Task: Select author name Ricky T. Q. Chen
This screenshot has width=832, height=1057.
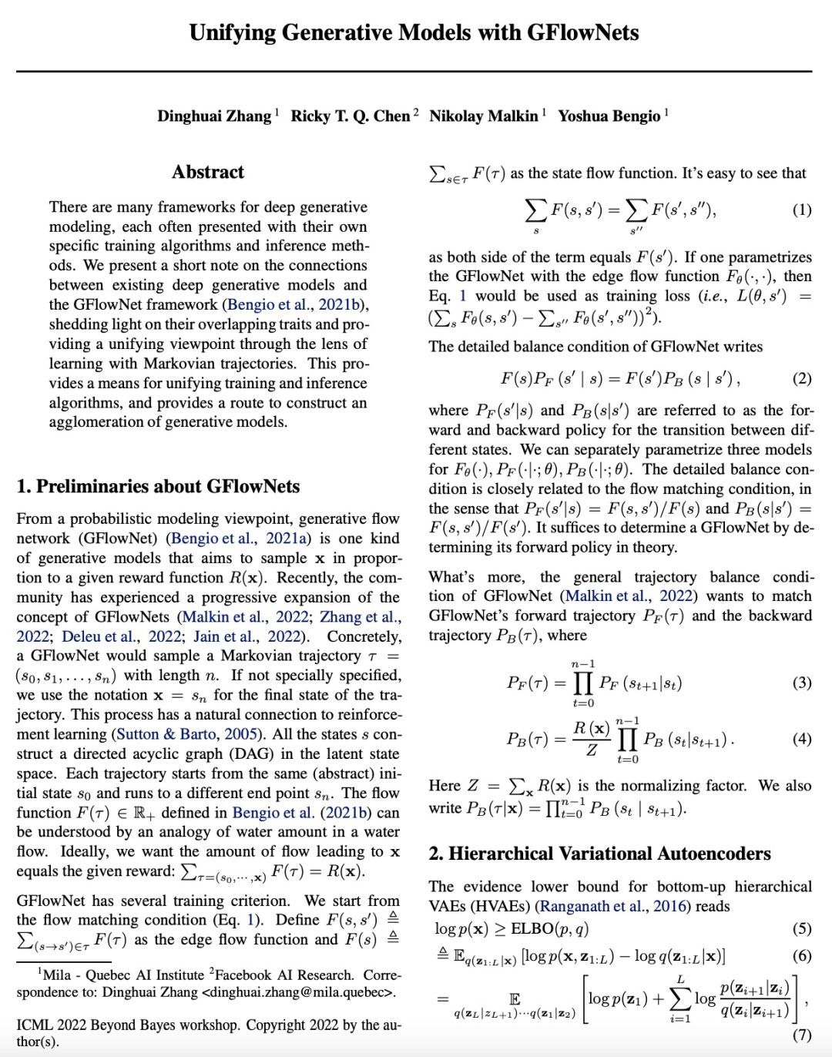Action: pos(350,116)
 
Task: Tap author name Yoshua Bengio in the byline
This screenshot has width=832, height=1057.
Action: pos(609,116)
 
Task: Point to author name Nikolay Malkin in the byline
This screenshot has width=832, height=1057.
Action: pos(483,116)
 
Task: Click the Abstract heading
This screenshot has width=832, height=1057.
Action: pos(208,172)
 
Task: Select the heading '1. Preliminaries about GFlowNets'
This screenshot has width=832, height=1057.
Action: pos(158,486)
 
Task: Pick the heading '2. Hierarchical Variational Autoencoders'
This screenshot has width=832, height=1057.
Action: pos(599,854)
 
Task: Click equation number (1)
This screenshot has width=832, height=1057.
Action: pos(801,210)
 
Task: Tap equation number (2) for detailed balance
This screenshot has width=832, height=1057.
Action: pos(801,378)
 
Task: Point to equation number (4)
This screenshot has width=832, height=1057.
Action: pos(801,739)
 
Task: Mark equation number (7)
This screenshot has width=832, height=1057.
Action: pos(801,1034)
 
